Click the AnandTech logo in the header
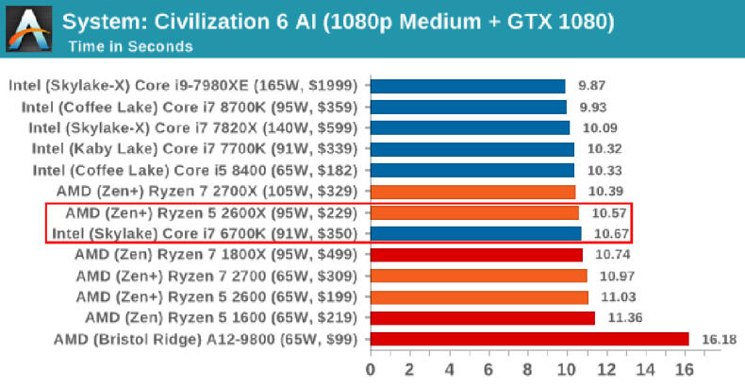28,28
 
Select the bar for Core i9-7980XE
467,86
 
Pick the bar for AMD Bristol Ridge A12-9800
529,338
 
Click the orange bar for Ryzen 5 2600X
473,212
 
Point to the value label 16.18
716,338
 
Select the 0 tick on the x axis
371,367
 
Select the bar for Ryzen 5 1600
482,317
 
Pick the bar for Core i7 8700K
468,107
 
